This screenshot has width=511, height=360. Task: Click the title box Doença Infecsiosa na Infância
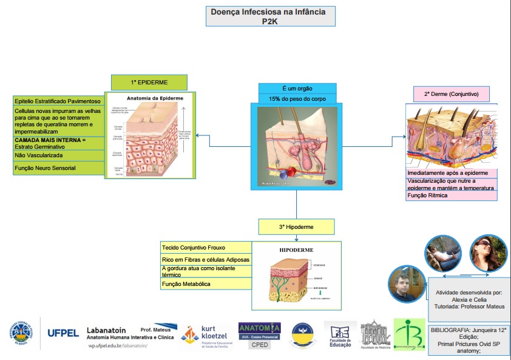[270, 16]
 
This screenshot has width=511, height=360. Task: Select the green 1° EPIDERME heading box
[149, 82]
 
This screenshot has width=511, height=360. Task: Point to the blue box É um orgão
[297, 88]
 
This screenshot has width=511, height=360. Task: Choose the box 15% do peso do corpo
[297, 98]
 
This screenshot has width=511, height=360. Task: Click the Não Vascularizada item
[58, 155]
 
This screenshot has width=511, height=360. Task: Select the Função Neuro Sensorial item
[58, 168]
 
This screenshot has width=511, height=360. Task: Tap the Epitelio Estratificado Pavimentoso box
[58, 101]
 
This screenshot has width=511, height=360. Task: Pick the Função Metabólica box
[206, 284]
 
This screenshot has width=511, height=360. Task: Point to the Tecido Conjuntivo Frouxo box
[206, 248]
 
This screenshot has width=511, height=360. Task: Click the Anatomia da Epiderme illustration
[149, 134]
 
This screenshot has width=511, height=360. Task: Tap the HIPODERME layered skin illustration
[296, 275]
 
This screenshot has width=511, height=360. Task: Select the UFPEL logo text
[63, 333]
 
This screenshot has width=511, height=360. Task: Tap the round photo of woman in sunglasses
[484, 252]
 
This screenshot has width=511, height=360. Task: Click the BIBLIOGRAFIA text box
[468, 339]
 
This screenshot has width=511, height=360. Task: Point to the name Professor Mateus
[484, 307]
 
